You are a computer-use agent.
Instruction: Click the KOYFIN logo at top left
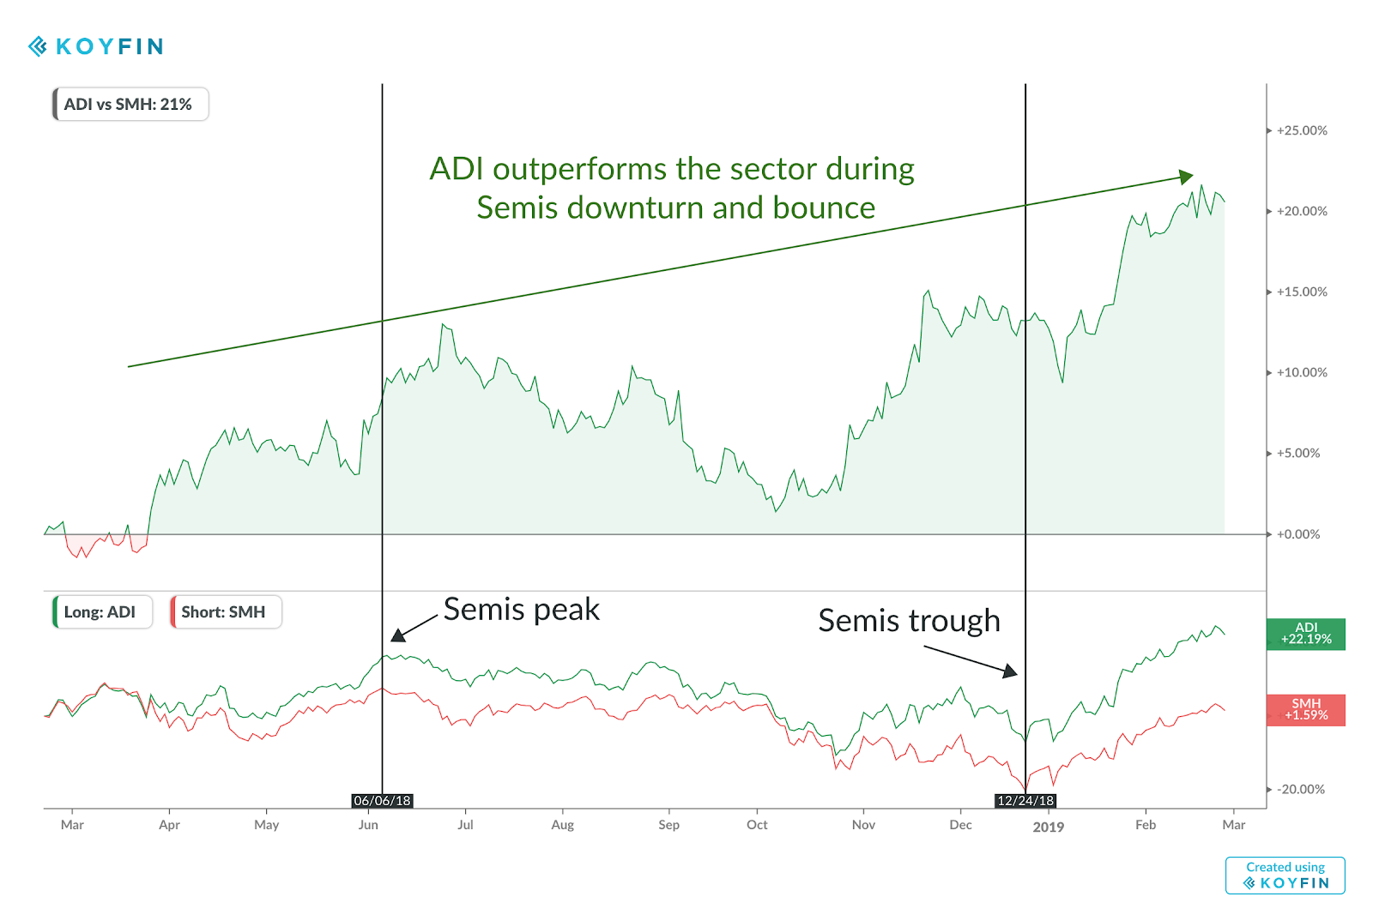click(x=96, y=46)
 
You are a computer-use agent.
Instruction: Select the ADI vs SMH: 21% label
click(x=130, y=105)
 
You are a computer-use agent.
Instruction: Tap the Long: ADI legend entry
click(x=101, y=612)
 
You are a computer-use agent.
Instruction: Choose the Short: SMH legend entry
click(x=225, y=612)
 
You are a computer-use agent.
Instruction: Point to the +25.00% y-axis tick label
click(x=1301, y=131)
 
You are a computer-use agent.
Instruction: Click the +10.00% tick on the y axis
click(x=1301, y=373)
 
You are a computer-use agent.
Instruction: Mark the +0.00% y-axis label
click(x=1297, y=534)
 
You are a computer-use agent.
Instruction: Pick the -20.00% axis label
click(x=1300, y=790)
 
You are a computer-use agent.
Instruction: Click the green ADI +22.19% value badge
click(x=1305, y=634)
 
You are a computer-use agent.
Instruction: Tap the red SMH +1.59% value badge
click(x=1305, y=709)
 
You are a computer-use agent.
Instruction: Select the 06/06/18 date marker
click(x=382, y=801)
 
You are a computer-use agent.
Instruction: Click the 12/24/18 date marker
click(x=1025, y=801)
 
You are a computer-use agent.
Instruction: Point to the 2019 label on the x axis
click(x=1048, y=827)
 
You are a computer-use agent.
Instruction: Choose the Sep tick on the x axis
click(x=668, y=825)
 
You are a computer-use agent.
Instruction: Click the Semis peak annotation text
click(x=521, y=610)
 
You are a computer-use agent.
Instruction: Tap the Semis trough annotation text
click(x=909, y=621)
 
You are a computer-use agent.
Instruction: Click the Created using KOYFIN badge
click(x=1285, y=876)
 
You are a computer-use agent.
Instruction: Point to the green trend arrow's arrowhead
click(x=1187, y=177)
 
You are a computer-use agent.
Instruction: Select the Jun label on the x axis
click(x=368, y=825)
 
